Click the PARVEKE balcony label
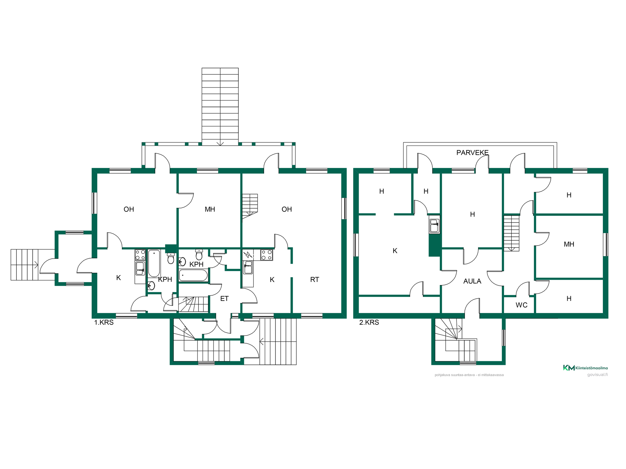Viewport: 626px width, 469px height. [x=472, y=152]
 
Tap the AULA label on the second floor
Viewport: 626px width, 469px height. [x=472, y=281]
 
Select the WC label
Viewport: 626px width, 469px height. [x=521, y=305]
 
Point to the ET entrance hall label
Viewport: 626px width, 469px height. [x=224, y=299]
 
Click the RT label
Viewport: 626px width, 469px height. [x=315, y=279]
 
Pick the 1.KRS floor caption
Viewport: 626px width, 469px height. [x=104, y=322]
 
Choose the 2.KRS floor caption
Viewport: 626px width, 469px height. [x=369, y=322]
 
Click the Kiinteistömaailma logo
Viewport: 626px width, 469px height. [x=585, y=368]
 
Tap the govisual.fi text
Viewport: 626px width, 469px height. [x=597, y=375]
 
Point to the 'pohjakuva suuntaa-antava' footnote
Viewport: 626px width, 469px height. [x=469, y=375]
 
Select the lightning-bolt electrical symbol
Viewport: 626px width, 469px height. [x=248, y=254]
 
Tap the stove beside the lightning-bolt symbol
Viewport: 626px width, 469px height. [x=267, y=255]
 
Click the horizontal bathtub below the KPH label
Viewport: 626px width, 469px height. [x=193, y=275]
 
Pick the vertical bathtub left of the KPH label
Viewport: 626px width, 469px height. [x=154, y=263]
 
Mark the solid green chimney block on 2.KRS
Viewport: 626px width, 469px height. [x=435, y=245]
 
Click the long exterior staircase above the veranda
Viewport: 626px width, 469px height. [x=220, y=107]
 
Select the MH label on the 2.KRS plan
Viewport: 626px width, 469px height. [x=569, y=244]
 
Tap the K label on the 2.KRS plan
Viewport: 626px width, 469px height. [x=395, y=251]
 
